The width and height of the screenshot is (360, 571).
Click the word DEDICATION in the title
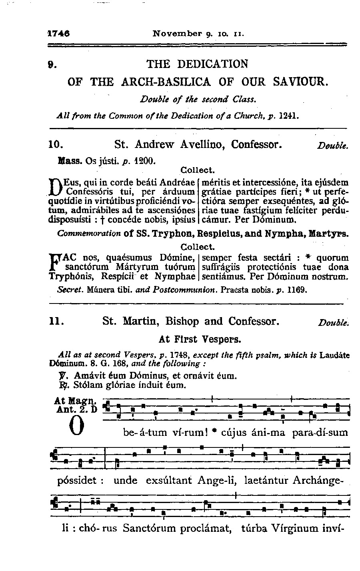click(212, 64)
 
